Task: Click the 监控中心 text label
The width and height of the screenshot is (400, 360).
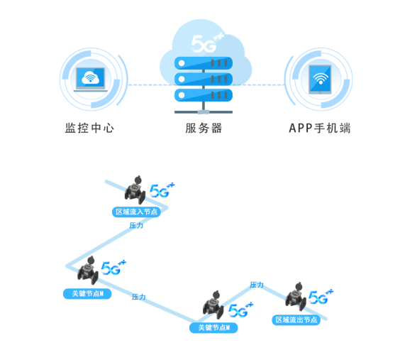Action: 89,129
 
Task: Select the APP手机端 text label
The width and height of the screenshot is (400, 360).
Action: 320,129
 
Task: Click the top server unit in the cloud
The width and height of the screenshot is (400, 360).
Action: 204,62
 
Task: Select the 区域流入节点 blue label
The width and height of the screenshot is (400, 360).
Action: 137,212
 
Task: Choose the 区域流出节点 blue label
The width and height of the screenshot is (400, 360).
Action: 296,320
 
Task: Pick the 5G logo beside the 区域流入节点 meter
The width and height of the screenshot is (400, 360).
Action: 161,190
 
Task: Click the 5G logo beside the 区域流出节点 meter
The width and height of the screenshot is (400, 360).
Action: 321,296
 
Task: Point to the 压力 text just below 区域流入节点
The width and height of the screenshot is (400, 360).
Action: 136,225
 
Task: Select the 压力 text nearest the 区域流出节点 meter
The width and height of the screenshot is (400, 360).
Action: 257,285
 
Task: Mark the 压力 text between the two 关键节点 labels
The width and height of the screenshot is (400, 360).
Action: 139,297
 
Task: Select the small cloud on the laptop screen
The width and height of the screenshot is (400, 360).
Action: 91,77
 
